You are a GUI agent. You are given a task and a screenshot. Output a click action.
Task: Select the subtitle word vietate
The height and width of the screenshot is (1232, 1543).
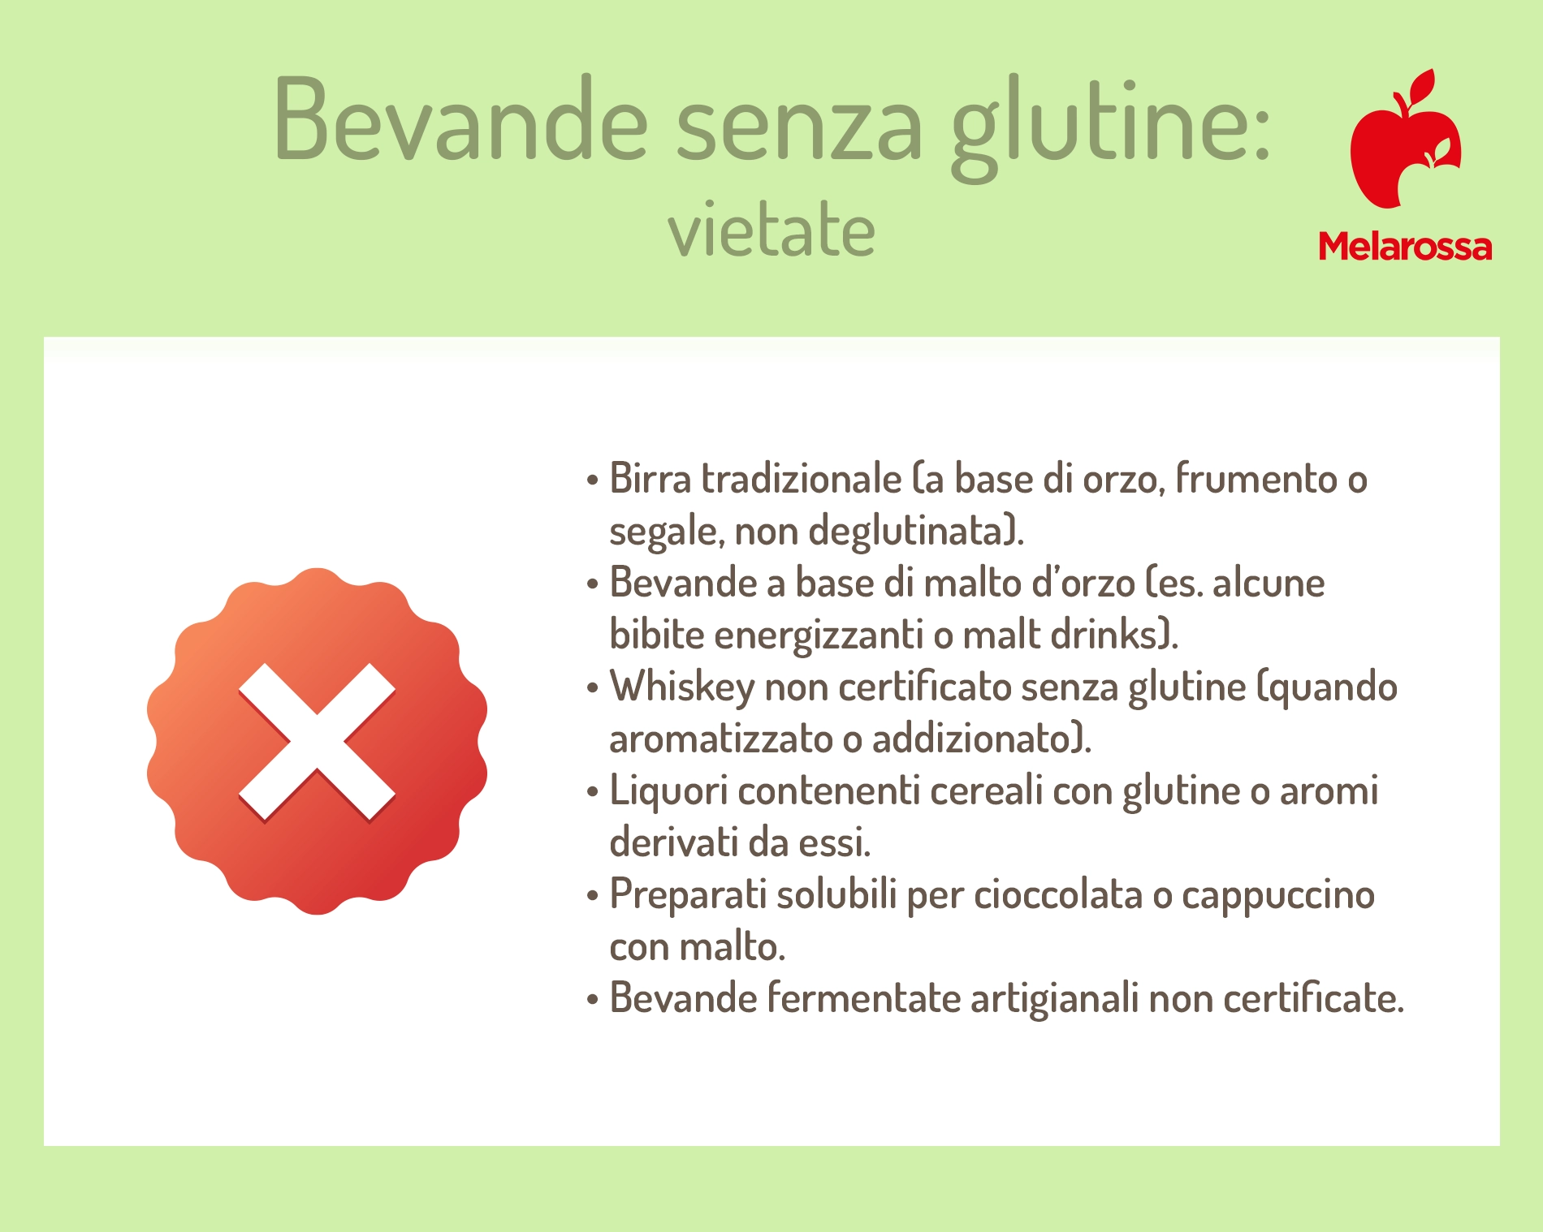click(771, 229)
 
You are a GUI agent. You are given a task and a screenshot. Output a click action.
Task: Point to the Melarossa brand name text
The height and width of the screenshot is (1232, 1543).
click(1405, 246)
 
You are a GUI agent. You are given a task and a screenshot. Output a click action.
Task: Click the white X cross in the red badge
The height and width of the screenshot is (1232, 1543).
click(317, 742)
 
